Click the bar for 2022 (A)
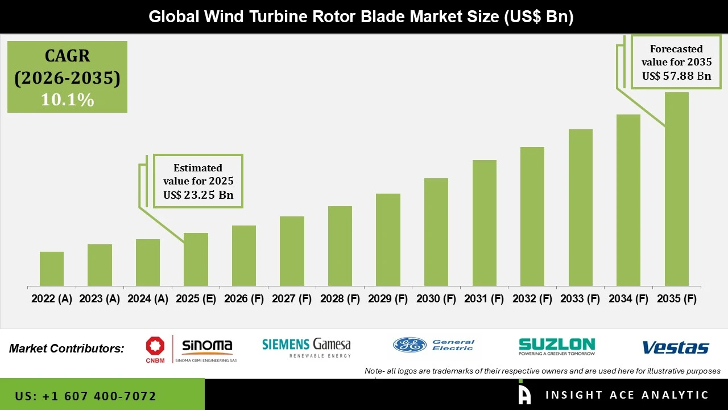tap(52, 269)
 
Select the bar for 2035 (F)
tap(676, 189)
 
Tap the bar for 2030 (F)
tap(436, 232)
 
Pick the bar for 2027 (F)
tap(292, 251)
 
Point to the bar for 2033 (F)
tap(580, 208)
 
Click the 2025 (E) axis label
tap(196, 299)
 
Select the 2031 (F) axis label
tap(484, 299)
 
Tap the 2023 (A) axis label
tap(100, 299)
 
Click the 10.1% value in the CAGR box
tap(67, 100)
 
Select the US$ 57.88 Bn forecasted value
tap(677, 75)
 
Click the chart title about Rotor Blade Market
tap(361, 17)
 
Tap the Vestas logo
tap(675, 347)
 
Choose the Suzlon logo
tap(556, 346)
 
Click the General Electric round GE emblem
tap(409, 345)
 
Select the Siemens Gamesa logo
tap(306, 346)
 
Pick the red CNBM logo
tap(155, 347)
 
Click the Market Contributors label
tap(67, 348)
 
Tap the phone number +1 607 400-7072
tap(85, 396)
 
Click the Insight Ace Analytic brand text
tap(627, 395)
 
